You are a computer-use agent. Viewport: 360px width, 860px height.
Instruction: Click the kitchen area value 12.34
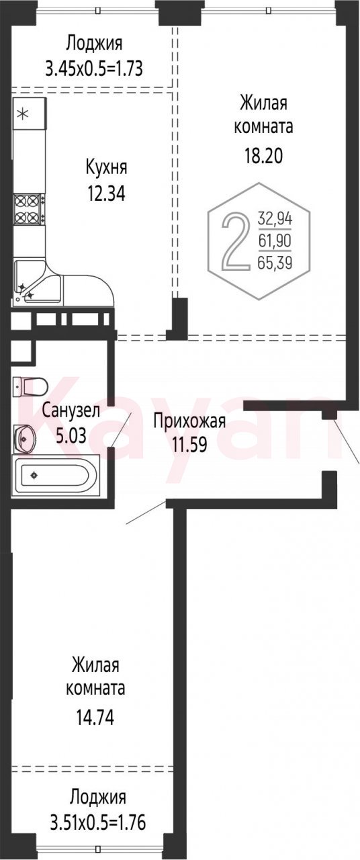tap(106, 193)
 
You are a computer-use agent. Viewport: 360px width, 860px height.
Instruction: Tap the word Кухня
tap(106, 169)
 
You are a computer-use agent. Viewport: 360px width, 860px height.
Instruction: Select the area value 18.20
tap(264, 157)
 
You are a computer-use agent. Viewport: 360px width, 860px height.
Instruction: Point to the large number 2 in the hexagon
tap(234, 241)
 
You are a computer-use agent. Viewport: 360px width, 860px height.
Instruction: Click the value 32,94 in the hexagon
tap(275, 219)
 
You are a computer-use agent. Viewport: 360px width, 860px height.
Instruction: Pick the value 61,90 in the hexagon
tap(275, 241)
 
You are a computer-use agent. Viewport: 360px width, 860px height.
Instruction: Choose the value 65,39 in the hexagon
tap(275, 263)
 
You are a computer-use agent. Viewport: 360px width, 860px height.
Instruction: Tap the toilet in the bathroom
tap(30, 386)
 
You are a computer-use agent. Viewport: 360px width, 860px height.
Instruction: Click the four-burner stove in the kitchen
tap(29, 210)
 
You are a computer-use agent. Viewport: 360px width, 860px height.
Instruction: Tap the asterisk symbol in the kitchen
tap(24, 114)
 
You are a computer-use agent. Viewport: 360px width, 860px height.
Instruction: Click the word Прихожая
tap(189, 421)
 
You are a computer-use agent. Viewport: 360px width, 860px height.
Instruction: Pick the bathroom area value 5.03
tap(71, 435)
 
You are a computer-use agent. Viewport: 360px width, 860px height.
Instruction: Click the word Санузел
tap(71, 411)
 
